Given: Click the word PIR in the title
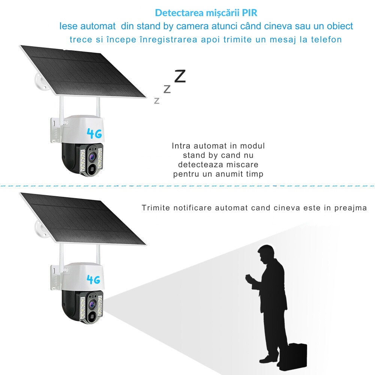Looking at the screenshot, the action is (250, 13).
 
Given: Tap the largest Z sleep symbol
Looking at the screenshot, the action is (180, 76).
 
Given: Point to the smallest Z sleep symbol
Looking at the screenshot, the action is (157, 100).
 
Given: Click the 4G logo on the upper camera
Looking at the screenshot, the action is (94, 133).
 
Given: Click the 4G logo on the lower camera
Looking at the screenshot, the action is (93, 279).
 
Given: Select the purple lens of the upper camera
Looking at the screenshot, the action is (91, 157).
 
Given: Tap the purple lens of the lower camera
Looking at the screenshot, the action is (91, 304).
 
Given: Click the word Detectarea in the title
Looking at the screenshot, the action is (179, 13).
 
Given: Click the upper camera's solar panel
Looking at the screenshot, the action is (83, 72).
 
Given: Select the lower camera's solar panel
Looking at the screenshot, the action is (83, 219).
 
